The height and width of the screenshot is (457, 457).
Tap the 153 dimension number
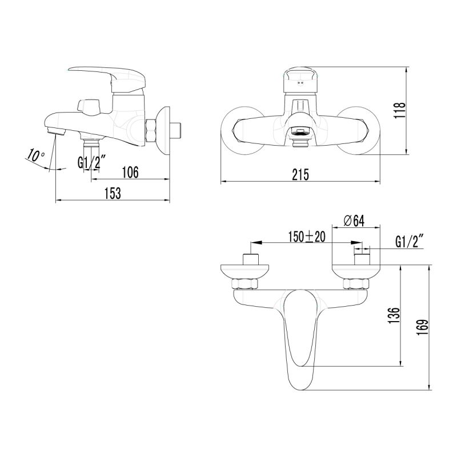coord(113,194)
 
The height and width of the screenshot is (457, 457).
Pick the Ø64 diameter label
coord(354,221)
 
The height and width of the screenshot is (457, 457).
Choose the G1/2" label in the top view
coord(408,242)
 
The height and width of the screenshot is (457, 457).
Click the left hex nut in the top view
coord(246,284)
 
